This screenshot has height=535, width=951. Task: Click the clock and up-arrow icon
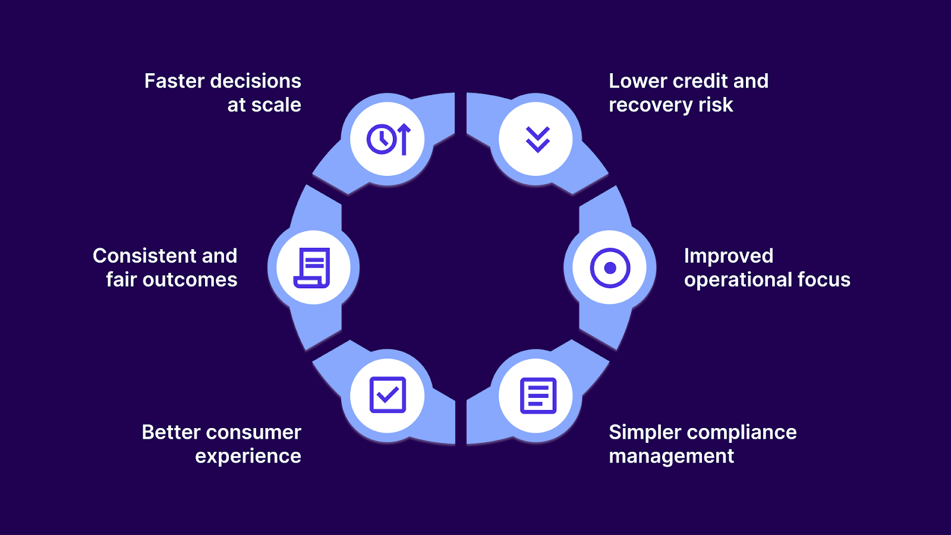(x=388, y=139)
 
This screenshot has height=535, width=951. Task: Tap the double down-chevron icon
(x=537, y=140)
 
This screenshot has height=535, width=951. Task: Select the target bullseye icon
(x=610, y=268)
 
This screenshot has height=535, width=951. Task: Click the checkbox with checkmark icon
(x=388, y=395)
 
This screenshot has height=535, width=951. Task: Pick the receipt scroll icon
(x=313, y=268)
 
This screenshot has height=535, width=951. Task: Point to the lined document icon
(x=538, y=395)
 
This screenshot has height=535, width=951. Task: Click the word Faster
(x=174, y=81)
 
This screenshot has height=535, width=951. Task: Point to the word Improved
(x=728, y=256)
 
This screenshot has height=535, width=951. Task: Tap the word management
(x=671, y=457)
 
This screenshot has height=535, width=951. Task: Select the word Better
(x=171, y=432)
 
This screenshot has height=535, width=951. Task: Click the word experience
(x=248, y=457)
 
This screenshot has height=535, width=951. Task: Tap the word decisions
(x=256, y=81)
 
